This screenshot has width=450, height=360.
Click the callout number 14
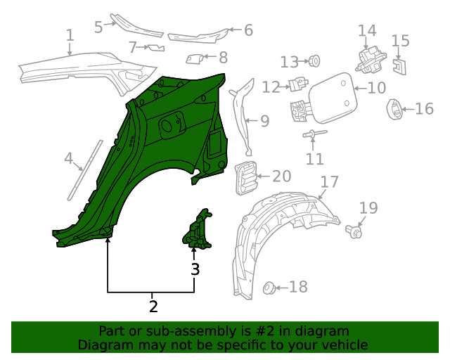367,30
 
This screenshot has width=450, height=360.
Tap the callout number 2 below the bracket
153,306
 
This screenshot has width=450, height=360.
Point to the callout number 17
330,181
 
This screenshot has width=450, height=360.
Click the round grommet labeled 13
314,61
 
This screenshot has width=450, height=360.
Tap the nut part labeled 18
268,288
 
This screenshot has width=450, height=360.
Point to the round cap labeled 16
394,109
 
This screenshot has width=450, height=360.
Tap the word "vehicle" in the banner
345,345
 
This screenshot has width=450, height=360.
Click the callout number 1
70,35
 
